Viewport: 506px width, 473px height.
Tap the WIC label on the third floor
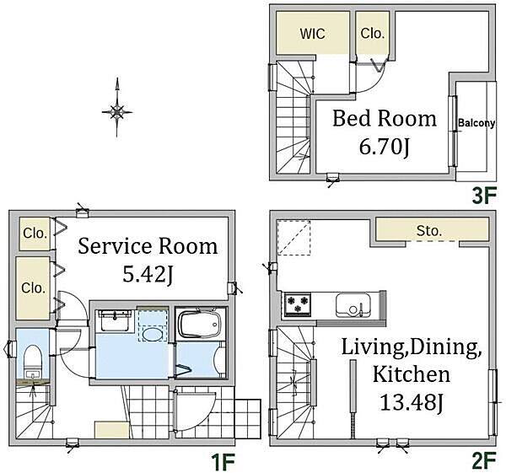pyautogui.click(x=312, y=34)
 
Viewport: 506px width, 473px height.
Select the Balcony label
pyautogui.click(x=476, y=123)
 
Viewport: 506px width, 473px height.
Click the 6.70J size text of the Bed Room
pyautogui.click(x=385, y=147)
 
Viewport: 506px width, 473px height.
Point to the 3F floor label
pyautogui.click(x=484, y=196)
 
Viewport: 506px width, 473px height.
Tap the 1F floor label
pyautogui.click(x=223, y=462)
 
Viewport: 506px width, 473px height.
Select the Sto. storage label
pyautogui.click(x=428, y=231)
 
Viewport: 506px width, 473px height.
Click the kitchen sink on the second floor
pyautogui.click(x=353, y=305)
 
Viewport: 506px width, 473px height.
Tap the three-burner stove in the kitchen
pyautogui.click(x=298, y=304)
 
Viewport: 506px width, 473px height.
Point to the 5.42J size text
pyautogui.click(x=148, y=275)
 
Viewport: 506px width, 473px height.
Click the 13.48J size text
pyautogui.click(x=412, y=402)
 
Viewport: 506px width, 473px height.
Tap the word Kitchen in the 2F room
pyautogui.click(x=412, y=374)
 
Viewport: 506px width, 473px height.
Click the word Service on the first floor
pyautogui.click(x=115, y=246)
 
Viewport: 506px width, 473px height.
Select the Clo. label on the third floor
pyautogui.click(x=373, y=33)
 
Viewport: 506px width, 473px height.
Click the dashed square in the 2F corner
pyautogui.click(x=293, y=238)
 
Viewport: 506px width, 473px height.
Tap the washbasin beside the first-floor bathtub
pyautogui.click(x=115, y=320)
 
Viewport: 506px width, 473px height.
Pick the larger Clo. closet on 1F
pyautogui.click(x=33, y=288)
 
